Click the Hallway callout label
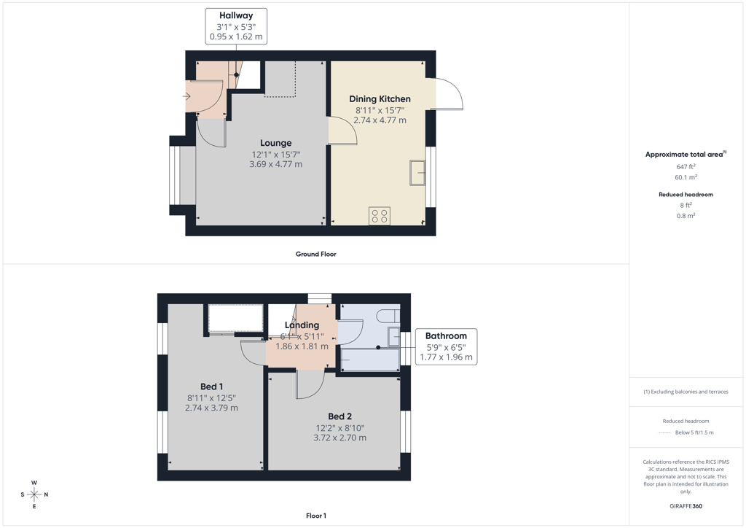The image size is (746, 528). (236, 16)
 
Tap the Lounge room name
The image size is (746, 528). (276, 143)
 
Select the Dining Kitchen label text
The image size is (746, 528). (380, 99)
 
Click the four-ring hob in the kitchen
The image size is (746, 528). (379, 216)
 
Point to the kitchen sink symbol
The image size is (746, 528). (417, 172)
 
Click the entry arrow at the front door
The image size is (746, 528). (186, 97)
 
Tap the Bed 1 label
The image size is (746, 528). (212, 387)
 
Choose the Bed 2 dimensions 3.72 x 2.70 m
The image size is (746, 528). (339, 438)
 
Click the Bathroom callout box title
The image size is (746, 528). (446, 335)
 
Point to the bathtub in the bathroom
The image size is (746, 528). (370, 360)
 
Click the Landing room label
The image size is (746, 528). (302, 325)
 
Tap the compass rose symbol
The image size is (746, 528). (34, 494)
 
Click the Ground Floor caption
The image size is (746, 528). (316, 255)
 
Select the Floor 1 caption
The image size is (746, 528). (316, 516)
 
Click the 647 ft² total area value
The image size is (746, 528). (686, 166)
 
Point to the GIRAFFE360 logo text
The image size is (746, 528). (686, 506)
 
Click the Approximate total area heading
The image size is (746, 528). (686, 155)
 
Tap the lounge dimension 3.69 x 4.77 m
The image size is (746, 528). (276, 164)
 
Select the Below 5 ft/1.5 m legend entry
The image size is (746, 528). (694, 432)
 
